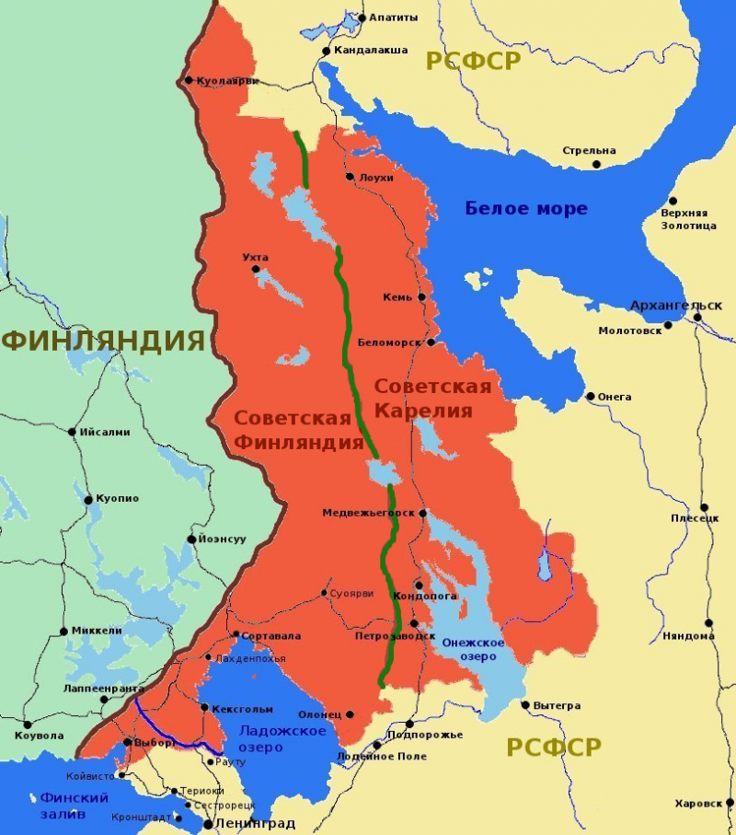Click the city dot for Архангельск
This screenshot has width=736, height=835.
click(x=697, y=318)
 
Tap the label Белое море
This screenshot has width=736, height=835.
click(x=525, y=208)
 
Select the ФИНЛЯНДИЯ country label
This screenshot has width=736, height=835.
click(x=102, y=341)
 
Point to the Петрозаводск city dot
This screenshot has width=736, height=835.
click(x=414, y=623)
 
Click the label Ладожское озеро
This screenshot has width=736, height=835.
click(x=282, y=739)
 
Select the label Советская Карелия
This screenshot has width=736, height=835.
click(x=432, y=398)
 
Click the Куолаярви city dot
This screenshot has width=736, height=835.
click(x=189, y=80)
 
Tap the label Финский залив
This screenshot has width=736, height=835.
click(x=74, y=806)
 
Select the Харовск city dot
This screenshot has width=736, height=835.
click(x=727, y=803)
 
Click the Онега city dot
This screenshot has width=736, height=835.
click(x=591, y=397)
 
